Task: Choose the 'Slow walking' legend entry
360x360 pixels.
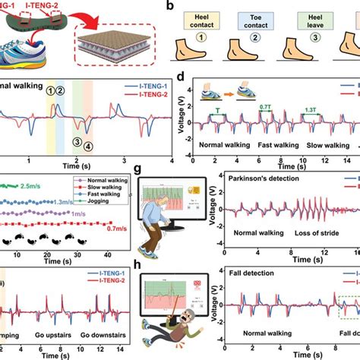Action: [99, 192]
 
